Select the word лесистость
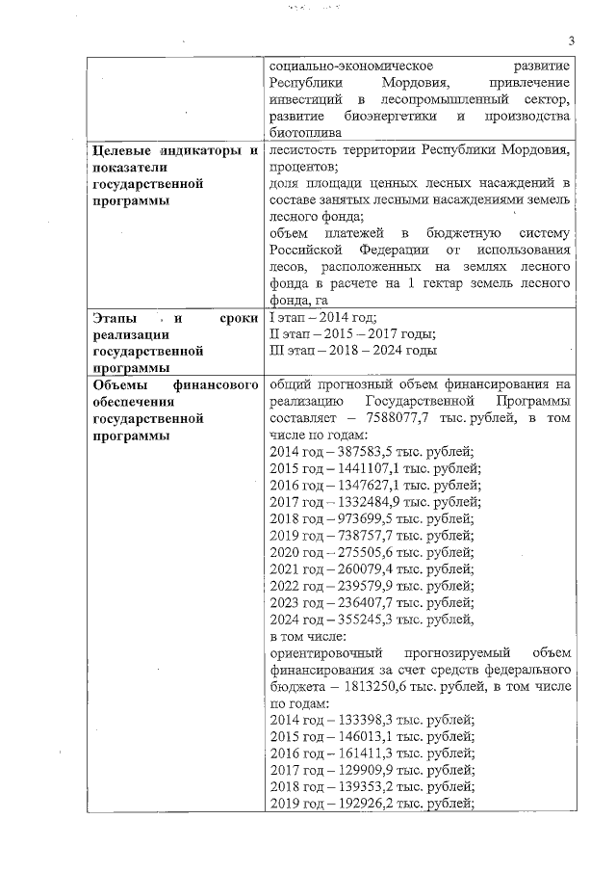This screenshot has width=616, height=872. click(305, 150)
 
